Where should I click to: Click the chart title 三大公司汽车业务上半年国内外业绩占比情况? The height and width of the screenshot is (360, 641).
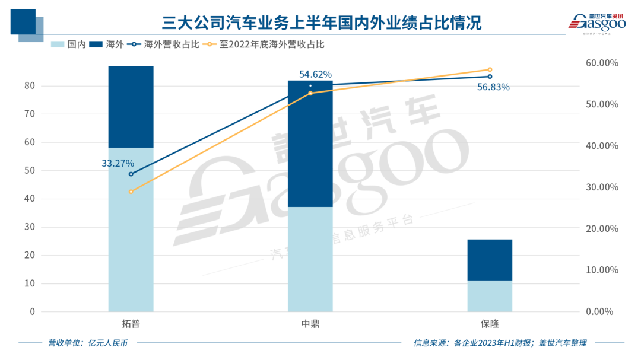pyautogui.click(x=321, y=23)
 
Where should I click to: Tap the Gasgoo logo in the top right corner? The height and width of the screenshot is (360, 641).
pyautogui.click(x=596, y=23)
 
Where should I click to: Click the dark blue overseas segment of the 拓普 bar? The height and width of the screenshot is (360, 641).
pyautogui.click(x=131, y=107)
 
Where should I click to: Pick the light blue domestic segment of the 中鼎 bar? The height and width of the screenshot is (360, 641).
pyautogui.click(x=310, y=259)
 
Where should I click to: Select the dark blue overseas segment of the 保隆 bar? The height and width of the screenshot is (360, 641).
pyautogui.click(x=490, y=260)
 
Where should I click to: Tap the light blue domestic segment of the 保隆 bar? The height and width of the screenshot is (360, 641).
pyautogui.click(x=490, y=296)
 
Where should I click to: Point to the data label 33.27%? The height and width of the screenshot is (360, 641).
pyautogui.click(x=118, y=163)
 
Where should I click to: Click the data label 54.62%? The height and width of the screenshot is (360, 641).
pyautogui.click(x=315, y=75)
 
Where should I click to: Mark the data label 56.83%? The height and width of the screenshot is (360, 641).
pyautogui.click(x=493, y=87)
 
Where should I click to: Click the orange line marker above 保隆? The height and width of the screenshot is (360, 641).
pyautogui.click(x=490, y=69)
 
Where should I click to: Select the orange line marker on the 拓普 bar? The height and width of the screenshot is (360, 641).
pyautogui.click(x=131, y=192)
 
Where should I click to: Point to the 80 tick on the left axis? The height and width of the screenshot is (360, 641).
pyautogui.click(x=30, y=86)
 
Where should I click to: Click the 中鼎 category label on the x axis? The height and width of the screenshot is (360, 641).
pyautogui.click(x=310, y=324)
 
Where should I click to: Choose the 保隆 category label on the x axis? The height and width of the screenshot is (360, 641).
pyautogui.click(x=490, y=324)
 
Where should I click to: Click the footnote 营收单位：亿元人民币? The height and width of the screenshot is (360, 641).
pyautogui.click(x=87, y=343)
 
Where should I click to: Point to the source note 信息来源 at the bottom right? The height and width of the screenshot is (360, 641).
pyautogui.click(x=500, y=343)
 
